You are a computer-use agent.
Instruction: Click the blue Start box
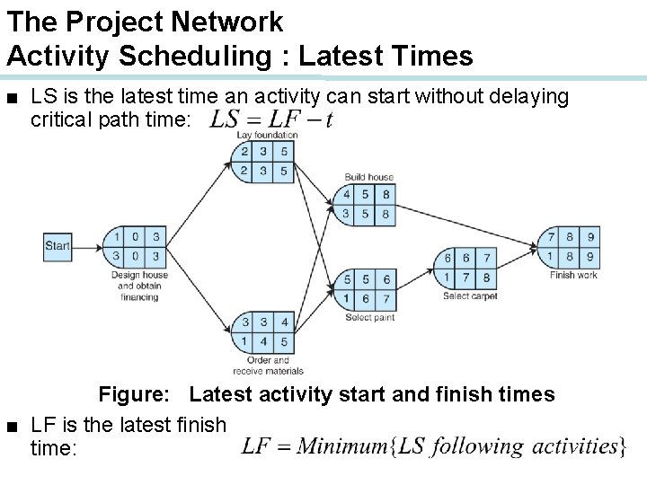(58, 246)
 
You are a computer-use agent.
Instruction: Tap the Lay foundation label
(267, 135)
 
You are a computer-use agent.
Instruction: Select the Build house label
(368, 176)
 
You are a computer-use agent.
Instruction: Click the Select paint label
(370, 317)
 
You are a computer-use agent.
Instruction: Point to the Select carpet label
(470, 296)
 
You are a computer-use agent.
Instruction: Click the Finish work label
(573, 275)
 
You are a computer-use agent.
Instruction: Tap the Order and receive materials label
(268, 366)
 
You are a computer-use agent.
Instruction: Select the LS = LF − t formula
(270, 119)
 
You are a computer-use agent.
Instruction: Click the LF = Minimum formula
(434, 445)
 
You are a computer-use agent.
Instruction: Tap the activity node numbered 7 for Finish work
(570, 247)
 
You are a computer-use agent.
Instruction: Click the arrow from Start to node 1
(87, 246)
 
